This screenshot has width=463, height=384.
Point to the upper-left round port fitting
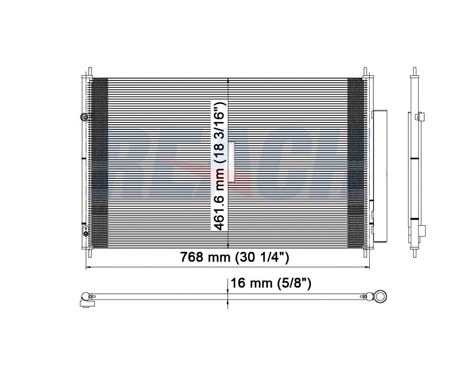click(x=84, y=117)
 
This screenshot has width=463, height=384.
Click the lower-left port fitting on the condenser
click(x=84, y=231)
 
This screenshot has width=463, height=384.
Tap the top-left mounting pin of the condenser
click(x=90, y=72)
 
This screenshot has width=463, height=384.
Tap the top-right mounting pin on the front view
click(x=365, y=72)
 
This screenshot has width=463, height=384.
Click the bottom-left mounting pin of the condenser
click(x=90, y=252)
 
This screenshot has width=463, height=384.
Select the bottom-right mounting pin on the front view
click(x=365, y=252)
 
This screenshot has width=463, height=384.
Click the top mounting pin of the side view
click(x=414, y=71)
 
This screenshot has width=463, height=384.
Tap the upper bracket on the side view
click(x=419, y=116)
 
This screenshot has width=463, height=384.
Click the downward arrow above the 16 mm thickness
click(x=227, y=289)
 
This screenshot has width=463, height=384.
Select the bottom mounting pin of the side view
click(x=414, y=252)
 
